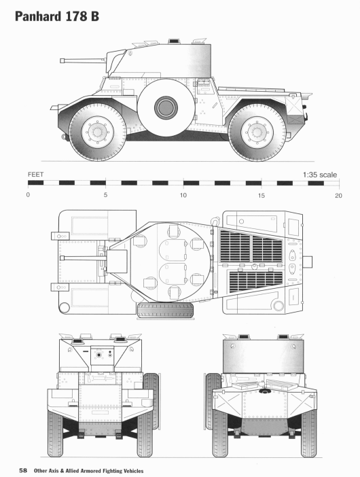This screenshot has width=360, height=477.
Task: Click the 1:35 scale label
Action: pos(319,175)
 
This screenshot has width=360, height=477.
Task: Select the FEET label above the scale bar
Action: pos(36,175)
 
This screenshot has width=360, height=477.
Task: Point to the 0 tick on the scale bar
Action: pos(28,195)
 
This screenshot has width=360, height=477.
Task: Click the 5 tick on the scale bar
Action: pos(105,195)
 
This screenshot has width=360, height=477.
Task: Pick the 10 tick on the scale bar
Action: pos(183,195)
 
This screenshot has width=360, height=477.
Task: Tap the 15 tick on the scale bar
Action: pos(261,195)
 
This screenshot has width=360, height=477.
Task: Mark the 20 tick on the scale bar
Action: pos(338,195)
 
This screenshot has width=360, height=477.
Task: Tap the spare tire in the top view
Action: pos(165,311)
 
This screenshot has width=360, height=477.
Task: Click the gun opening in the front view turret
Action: pos(99,355)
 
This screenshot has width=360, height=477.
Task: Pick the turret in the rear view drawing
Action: pos(261,354)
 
